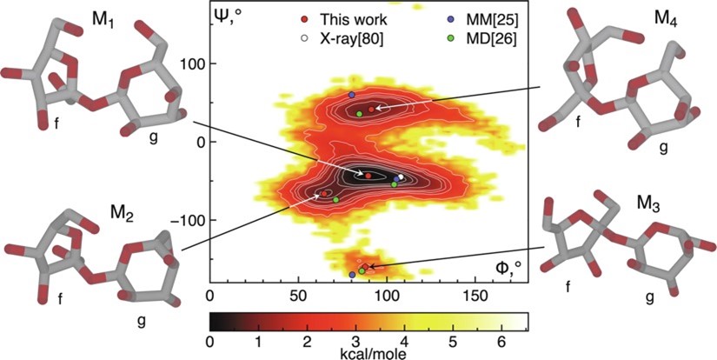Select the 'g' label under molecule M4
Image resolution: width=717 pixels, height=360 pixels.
click(663, 148)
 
